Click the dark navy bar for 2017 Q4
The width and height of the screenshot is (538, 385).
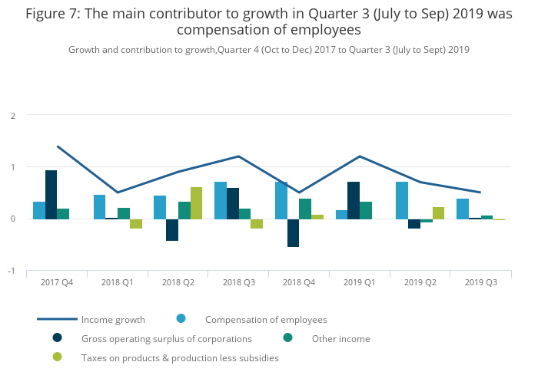pyautogui.click(x=51, y=195)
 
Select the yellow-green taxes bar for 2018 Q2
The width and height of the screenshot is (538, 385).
pyautogui.click(x=196, y=203)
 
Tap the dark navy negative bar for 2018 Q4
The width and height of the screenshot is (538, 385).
pyautogui.click(x=293, y=232)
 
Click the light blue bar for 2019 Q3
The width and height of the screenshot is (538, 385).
pyautogui.click(x=462, y=209)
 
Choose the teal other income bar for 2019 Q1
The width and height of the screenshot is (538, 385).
pyautogui.click(x=366, y=210)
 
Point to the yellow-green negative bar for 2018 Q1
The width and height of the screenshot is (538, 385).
pyautogui.click(x=136, y=223)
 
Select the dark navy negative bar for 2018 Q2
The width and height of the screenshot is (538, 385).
pyautogui.click(x=172, y=229)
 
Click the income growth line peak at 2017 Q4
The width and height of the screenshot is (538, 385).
pyautogui.click(x=58, y=146)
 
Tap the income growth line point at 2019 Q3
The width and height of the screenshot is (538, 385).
pyautogui.click(x=480, y=192)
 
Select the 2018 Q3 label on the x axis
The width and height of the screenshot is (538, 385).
pyautogui.click(x=238, y=282)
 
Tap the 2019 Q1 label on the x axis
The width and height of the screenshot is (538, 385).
pyautogui.click(x=360, y=282)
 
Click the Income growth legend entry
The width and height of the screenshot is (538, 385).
pyautogui.click(x=112, y=320)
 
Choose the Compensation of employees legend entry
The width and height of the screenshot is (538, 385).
pyautogui.click(x=266, y=320)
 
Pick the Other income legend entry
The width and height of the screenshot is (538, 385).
pyautogui.click(x=340, y=339)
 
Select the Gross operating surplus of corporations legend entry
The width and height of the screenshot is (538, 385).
pyautogui.click(x=166, y=339)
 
